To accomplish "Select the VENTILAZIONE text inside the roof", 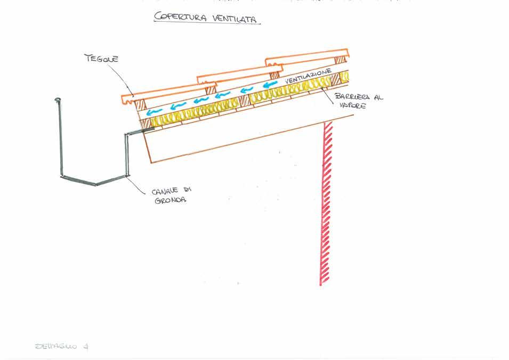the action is (x=309, y=76).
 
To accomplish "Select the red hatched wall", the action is (x=326, y=202).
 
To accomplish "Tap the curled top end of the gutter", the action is (x=58, y=100).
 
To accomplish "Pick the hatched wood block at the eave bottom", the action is (x=145, y=123).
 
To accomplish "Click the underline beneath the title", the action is (x=208, y=23).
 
